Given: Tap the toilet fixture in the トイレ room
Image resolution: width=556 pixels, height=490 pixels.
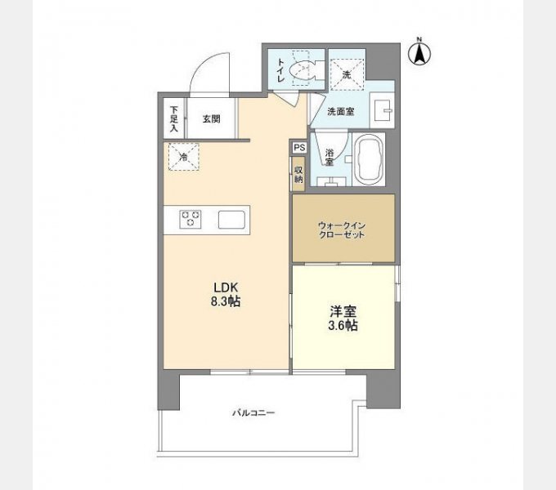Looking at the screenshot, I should (x=303, y=69).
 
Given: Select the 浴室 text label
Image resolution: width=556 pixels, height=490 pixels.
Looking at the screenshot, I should (x=329, y=156).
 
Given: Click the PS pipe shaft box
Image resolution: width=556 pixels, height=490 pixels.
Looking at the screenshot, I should (x=298, y=148).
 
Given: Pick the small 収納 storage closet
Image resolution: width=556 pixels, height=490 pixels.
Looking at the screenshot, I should (x=298, y=173).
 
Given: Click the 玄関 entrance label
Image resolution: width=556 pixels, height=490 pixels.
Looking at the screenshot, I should (x=211, y=119).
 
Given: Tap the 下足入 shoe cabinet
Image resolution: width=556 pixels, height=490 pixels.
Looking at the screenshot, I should (x=173, y=118).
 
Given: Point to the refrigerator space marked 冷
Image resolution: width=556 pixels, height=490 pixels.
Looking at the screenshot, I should (x=184, y=156).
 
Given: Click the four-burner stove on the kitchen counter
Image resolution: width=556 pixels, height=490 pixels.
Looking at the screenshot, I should (x=192, y=218).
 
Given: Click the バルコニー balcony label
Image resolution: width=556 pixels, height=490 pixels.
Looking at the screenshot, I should (x=253, y=412).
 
